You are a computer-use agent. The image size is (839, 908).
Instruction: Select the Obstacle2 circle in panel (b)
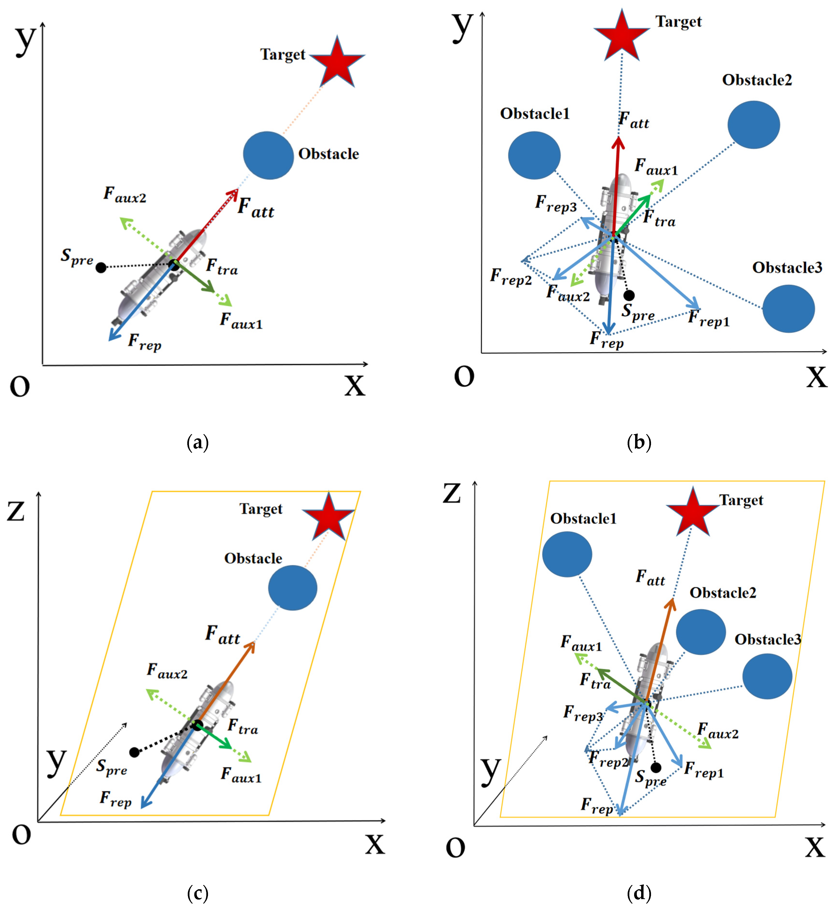754,125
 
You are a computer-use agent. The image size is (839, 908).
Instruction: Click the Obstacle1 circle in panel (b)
534,155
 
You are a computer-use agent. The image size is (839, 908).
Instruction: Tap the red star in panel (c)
328,517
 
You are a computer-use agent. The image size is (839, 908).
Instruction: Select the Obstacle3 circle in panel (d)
767,676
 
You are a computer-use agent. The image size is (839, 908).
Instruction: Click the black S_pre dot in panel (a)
101,268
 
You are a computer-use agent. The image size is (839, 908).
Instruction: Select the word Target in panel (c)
261,509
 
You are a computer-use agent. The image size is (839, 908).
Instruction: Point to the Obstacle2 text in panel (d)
723,593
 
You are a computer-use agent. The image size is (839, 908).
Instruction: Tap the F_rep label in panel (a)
144,342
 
